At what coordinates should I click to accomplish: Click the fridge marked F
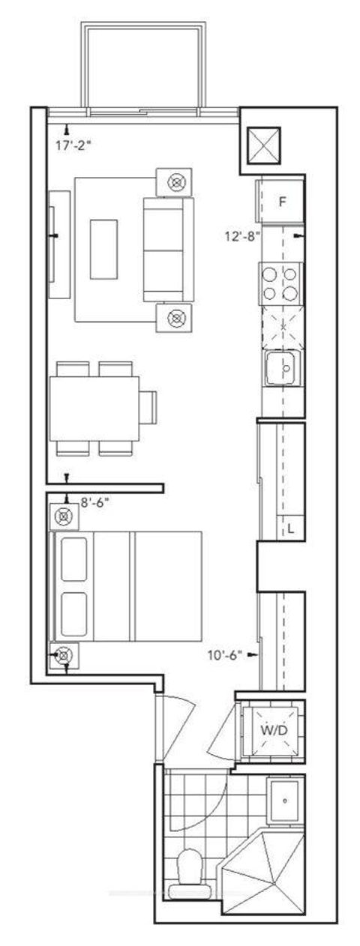[282, 201]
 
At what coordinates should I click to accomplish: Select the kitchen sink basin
[283, 368]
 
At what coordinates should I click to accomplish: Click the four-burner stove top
[281, 283]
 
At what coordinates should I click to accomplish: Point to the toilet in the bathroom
[188, 874]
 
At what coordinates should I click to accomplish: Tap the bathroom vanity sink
[285, 801]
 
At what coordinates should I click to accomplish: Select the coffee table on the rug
[103, 248]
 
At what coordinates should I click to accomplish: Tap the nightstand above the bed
[64, 516]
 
